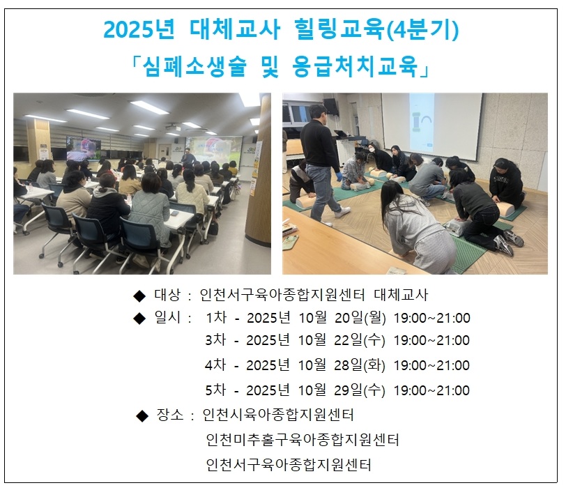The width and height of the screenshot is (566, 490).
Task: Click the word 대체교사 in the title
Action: (235, 29)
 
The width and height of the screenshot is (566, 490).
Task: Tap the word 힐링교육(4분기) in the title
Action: (376, 29)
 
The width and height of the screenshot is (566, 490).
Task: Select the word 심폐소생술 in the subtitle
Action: (194, 67)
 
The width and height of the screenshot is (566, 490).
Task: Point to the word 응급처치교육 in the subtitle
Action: (355, 67)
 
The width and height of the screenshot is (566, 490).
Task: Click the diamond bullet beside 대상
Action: (139, 296)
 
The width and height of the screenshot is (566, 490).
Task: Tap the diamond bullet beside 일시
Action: (139, 319)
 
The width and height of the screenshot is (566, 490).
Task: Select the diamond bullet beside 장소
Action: (142, 416)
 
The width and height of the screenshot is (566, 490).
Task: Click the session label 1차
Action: (216, 318)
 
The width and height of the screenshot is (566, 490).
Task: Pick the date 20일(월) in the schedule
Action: (360, 318)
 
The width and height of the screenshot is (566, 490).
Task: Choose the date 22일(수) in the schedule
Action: (360, 340)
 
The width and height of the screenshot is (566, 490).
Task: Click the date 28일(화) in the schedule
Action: (360, 365)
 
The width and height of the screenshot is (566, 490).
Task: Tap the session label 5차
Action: (215, 390)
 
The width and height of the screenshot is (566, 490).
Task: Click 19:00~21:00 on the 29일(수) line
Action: (431, 390)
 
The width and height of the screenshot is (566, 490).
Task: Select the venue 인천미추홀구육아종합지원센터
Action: (303, 440)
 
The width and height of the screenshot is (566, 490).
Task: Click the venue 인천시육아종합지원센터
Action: (278, 415)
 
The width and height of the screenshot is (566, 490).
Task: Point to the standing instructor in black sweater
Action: (322, 162)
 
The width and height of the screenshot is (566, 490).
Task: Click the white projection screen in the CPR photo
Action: (431, 126)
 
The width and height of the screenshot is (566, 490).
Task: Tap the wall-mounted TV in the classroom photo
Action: (84, 148)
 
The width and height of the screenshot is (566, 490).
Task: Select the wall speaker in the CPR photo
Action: (330, 107)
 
